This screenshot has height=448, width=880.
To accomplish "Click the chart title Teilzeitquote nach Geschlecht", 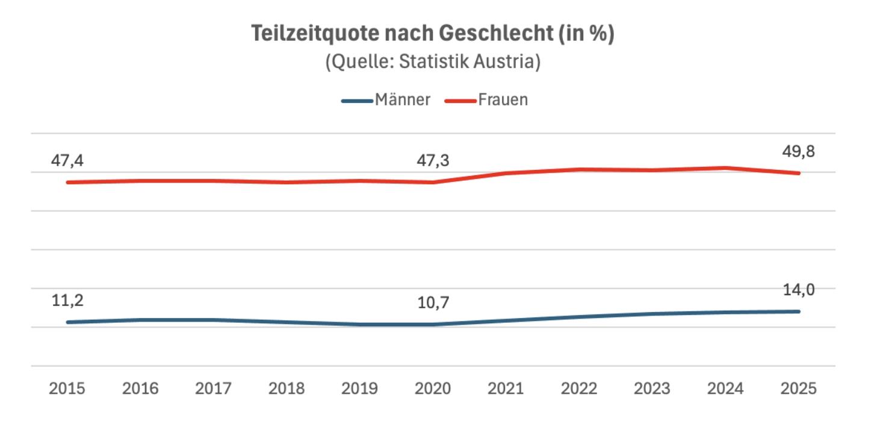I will click(432, 34).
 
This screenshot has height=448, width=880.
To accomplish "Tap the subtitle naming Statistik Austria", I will click(432, 62).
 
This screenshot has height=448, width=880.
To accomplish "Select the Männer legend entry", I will click(402, 99).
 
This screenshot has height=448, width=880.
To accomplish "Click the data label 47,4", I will click(66, 161).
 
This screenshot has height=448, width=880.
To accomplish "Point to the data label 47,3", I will click(433, 161).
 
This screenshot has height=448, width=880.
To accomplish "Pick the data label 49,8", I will click(799, 152).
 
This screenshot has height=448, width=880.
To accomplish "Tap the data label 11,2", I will click(66, 300).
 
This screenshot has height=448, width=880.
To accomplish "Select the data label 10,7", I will click(433, 303).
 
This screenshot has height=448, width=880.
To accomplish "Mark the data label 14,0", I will click(799, 290).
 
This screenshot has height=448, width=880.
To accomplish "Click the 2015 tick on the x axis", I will click(67, 388).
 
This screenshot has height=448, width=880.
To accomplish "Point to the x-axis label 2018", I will click(287, 388).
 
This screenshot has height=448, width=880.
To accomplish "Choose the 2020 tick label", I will click(433, 388).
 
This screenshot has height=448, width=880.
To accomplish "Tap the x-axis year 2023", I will click(652, 388).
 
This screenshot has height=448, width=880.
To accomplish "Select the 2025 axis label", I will click(799, 388).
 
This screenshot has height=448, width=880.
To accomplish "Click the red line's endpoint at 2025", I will click(799, 173).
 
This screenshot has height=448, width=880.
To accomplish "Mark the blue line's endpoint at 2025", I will click(799, 311).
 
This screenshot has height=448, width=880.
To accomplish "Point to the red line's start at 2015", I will click(67, 182).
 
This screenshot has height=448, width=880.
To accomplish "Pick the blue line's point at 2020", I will click(433, 325).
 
